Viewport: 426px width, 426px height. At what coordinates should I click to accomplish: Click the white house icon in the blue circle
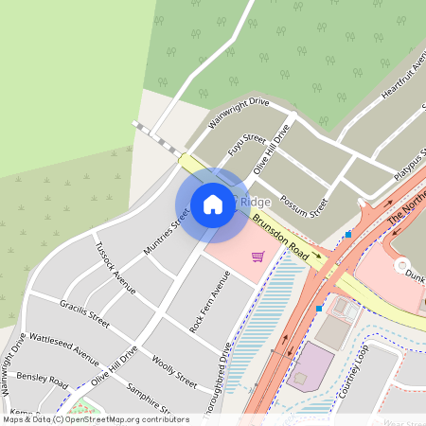pyautogui.click(x=213, y=204)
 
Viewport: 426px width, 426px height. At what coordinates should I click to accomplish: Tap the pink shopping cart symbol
pyautogui.click(x=257, y=256)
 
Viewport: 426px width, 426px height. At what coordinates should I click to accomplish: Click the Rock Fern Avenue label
pyautogui.click(x=210, y=301)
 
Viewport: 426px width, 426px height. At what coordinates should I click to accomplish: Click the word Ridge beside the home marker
pyautogui.click(x=256, y=203)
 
